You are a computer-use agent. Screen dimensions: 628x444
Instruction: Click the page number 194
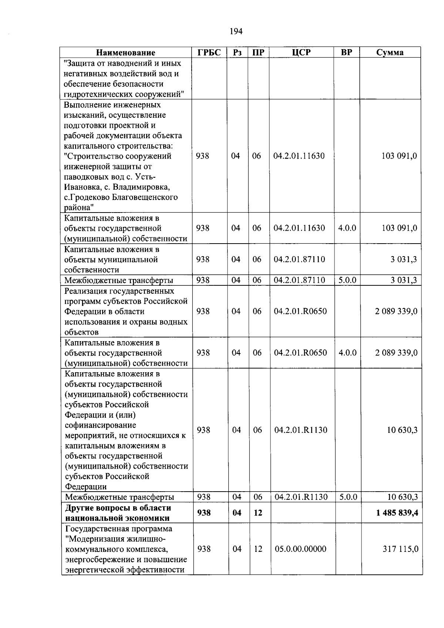tap(236, 31)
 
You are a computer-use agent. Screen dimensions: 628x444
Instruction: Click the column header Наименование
tap(126, 52)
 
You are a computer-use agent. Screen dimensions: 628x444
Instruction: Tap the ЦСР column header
tap(301, 52)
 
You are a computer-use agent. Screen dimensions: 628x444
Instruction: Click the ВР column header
tap(346, 52)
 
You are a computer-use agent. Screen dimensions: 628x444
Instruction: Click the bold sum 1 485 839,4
tap(397, 513)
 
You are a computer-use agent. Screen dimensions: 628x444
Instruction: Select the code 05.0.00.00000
tap(300, 549)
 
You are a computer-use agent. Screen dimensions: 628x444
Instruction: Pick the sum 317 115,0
tap(400, 549)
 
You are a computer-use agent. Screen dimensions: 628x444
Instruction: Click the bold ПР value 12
tap(258, 513)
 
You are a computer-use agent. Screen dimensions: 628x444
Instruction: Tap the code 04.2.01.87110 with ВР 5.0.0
tap(299, 280)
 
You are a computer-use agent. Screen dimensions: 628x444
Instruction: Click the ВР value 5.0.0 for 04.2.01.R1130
tap(348, 497)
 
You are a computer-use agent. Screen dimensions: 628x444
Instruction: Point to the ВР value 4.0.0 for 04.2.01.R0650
tap(347, 353)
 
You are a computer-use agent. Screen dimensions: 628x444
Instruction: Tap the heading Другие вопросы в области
tap(118, 508)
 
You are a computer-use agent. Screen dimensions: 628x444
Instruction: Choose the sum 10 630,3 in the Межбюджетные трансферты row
tap(402, 497)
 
